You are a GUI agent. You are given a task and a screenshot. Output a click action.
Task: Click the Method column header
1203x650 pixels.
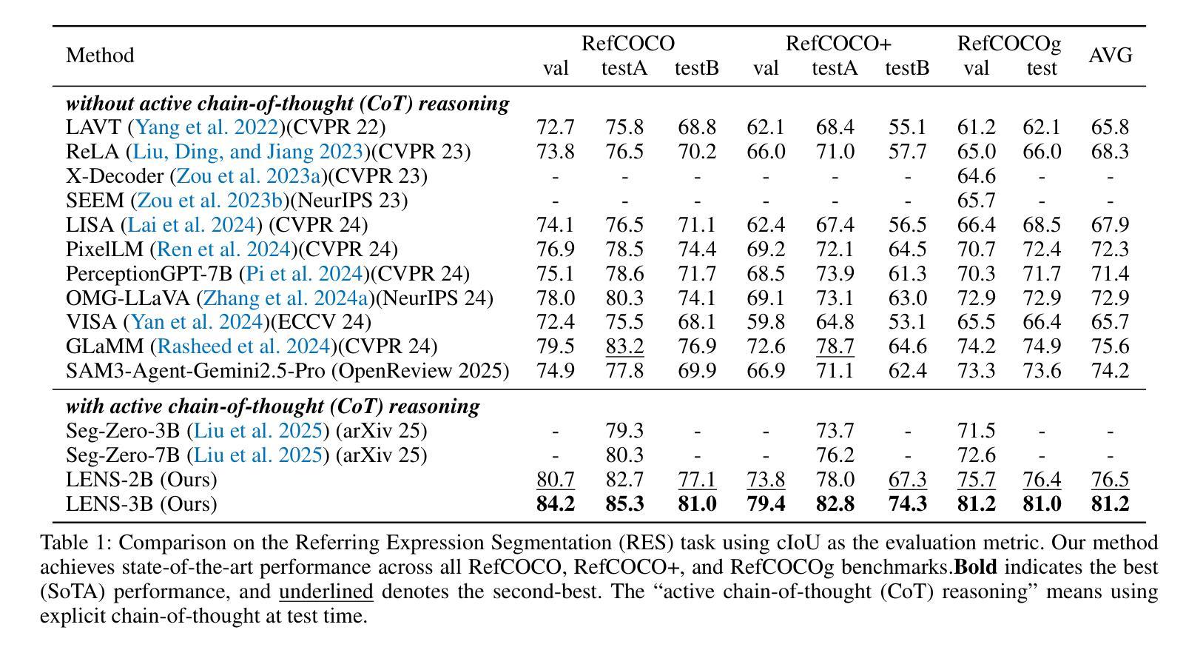point(100,56)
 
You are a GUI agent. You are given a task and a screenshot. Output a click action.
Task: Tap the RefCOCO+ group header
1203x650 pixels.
point(838,44)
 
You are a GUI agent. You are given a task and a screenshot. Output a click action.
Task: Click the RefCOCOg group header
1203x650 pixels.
point(1008,44)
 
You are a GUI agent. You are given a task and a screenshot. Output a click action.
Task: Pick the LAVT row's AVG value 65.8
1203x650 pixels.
point(1110,127)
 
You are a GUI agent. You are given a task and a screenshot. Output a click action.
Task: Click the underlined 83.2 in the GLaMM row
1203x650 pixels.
point(624,346)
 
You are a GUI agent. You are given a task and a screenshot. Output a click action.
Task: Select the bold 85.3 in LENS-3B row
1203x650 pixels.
point(624,504)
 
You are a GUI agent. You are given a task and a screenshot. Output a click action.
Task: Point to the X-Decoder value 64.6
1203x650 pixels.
point(976,176)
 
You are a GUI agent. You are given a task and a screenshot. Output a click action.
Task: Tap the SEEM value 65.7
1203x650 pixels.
point(976,201)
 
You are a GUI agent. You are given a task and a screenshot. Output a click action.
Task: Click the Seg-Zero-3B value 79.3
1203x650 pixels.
point(624,431)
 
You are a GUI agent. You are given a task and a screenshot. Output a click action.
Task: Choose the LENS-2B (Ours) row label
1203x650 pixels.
point(141,480)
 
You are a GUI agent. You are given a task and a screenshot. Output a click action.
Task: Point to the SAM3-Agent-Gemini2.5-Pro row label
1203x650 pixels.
point(287,371)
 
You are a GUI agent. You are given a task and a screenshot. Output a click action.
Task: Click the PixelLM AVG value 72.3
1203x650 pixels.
point(1110,249)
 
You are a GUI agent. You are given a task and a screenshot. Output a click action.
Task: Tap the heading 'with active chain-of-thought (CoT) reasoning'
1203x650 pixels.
point(272,406)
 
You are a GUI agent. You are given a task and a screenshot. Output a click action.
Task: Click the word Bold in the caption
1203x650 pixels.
point(975,568)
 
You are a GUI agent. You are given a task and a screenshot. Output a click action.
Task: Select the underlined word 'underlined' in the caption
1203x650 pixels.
point(326,592)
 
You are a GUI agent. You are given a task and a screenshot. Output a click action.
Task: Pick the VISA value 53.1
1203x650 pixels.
point(907,322)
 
